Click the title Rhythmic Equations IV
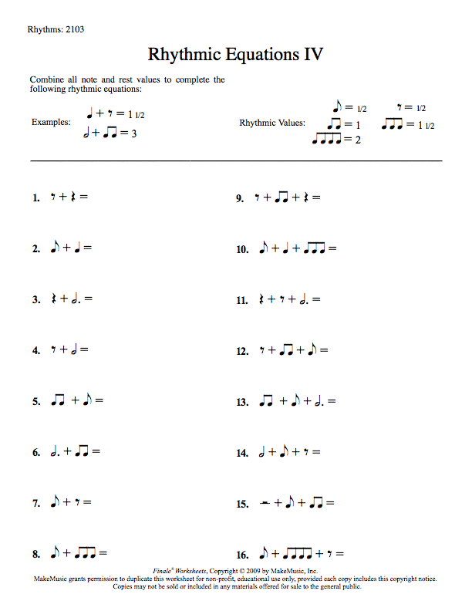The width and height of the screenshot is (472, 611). [235, 55]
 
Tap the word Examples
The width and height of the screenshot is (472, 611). [50, 123]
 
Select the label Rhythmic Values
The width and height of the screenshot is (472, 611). [271, 123]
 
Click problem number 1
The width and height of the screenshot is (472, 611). [35, 197]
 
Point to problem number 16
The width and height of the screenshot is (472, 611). [242, 555]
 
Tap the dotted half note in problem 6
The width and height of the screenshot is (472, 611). [55, 451]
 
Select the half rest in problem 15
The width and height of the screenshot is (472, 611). [264, 504]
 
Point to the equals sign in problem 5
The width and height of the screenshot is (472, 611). [99, 401]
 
